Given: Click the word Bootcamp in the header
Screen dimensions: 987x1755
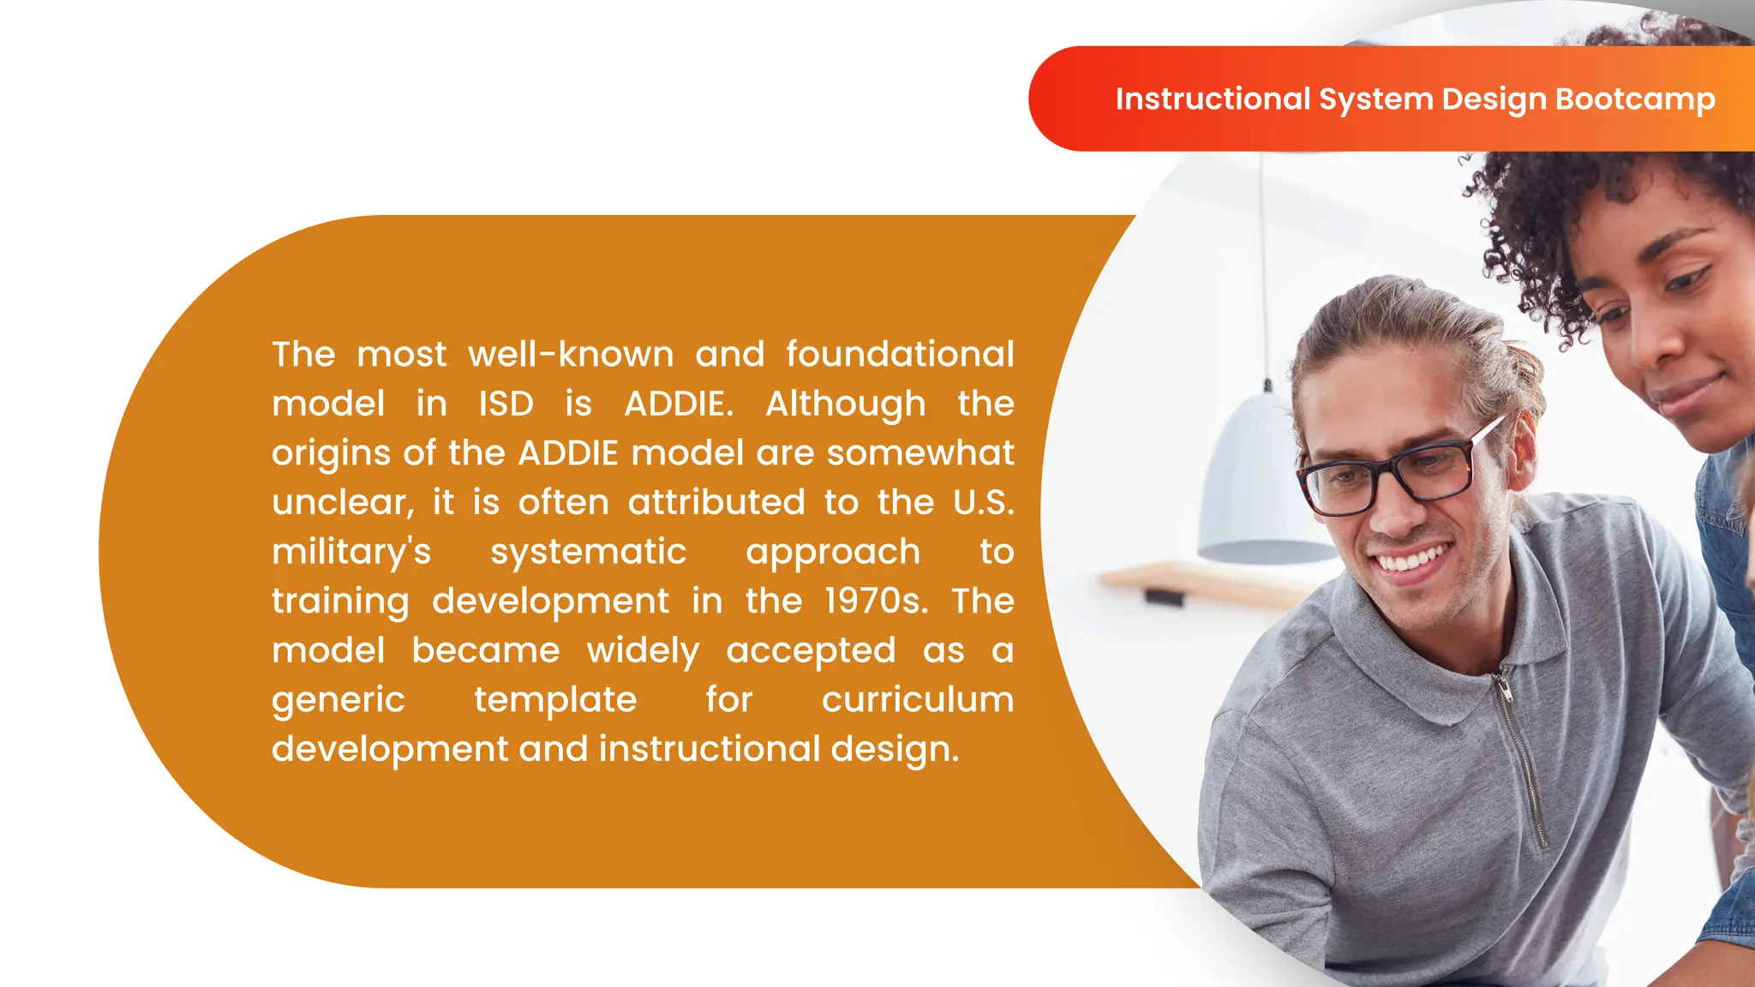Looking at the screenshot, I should click(x=1635, y=99).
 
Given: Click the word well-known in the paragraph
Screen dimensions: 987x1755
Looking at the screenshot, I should click(x=571, y=354).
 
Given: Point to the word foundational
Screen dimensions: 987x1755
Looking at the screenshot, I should click(x=900, y=354).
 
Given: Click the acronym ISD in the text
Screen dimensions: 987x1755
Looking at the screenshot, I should click(x=506, y=404).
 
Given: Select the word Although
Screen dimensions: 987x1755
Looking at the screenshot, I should click(x=845, y=404).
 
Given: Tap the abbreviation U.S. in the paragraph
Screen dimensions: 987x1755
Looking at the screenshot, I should click(x=983, y=502).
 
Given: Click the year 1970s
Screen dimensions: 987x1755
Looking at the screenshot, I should click(x=875, y=601).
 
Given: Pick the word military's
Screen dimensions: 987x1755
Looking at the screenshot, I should click(x=351, y=552).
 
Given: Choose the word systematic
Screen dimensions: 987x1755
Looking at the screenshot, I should click(x=588, y=552).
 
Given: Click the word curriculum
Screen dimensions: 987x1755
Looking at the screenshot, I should click(x=917, y=699).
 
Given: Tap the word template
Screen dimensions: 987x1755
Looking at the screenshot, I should click(x=555, y=699).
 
